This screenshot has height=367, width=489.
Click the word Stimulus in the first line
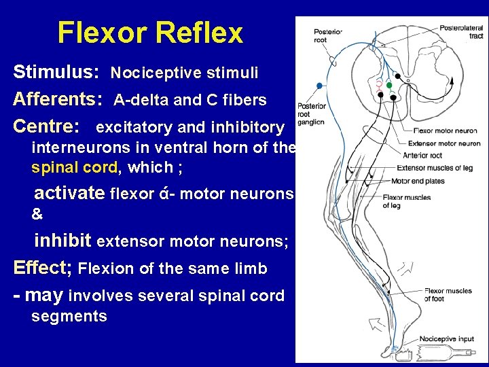(x=57, y=72)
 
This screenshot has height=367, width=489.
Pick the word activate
(x=70, y=194)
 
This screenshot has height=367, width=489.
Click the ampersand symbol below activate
(x=37, y=214)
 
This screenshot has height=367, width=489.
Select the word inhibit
(x=63, y=241)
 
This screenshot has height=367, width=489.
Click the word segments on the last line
(x=69, y=316)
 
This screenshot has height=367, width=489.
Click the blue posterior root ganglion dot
(x=319, y=86)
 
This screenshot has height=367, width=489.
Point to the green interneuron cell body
(x=389, y=85)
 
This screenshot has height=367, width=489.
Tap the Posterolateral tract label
(x=461, y=31)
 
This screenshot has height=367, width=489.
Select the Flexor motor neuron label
(x=445, y=130)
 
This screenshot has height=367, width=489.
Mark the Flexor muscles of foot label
(x=448, y=294)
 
